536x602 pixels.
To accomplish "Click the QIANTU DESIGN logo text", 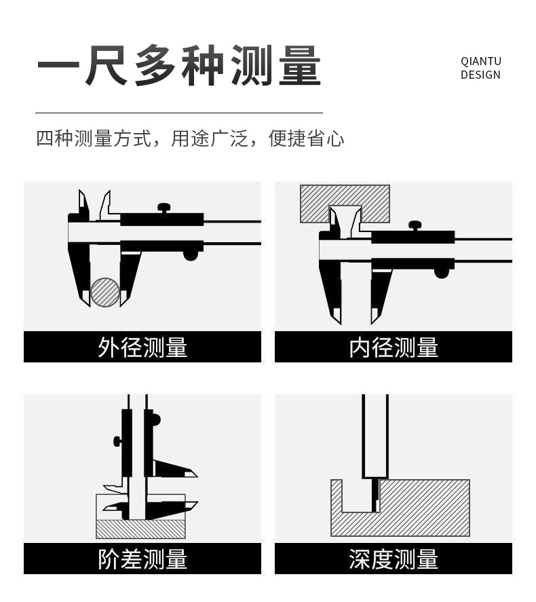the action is tap(481, 68).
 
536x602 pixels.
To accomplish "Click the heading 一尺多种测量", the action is tap(179, 65).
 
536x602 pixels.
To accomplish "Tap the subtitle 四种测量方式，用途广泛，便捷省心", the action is tap(190, 138).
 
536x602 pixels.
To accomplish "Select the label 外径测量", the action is tap(142, 347).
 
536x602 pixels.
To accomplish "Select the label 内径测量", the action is tap(394, 347).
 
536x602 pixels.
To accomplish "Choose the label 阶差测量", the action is tap(142, 559).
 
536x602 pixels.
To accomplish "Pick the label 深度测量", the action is tap(394, 559).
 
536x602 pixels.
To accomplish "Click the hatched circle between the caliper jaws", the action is tap(105, 293).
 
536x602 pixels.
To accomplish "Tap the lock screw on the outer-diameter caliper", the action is tap(164, 208).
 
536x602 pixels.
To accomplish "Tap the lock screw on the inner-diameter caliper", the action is tap(415, 226).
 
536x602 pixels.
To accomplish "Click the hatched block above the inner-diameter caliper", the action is tap(345, 204).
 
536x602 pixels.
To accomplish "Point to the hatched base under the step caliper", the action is tap(140, 529).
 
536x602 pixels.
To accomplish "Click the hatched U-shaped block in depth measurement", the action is tap(400, 508).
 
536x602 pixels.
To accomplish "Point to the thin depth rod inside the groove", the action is tap(375, 495).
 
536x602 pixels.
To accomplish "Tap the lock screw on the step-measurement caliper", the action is tap(117, 442).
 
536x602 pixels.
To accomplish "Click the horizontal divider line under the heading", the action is tap(179, 113).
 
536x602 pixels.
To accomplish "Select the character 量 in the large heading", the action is tap(300, 65).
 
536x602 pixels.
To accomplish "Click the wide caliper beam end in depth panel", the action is tap(375, 436).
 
